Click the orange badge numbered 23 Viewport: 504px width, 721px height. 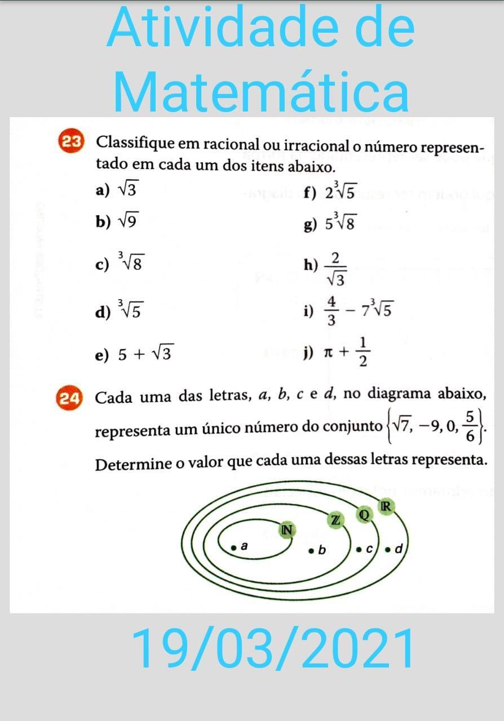point(70,141)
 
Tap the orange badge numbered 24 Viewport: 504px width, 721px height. point(70,398)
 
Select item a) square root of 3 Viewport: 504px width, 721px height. point(126,190)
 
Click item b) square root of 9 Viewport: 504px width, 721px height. point(126,221)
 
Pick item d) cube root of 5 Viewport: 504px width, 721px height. point(130,309)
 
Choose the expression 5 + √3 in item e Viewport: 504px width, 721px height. point(145,354)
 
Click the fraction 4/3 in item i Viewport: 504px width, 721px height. point(332,310)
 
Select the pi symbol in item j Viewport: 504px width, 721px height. point(328,353)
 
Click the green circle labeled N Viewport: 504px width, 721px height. point(287,529)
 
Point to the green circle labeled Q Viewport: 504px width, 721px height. point(364,514)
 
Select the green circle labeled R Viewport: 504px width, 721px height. point(386,507)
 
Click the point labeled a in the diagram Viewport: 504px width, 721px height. point(233,547)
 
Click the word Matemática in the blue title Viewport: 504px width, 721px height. point(261,92)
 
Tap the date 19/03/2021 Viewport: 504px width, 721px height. point(273,649)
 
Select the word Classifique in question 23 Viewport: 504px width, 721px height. point(135,143)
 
